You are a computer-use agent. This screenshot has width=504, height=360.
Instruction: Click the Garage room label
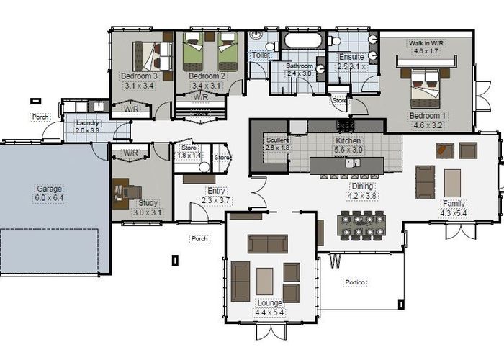(x=50, y=189)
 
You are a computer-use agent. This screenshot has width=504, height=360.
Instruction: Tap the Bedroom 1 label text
(x=428, y=115)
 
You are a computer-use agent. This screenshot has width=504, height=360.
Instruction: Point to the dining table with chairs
(x=362, y=224)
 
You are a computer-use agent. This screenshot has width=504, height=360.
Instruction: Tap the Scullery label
(x=277, y=140)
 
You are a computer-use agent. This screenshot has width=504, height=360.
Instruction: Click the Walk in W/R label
(x=427, y=43)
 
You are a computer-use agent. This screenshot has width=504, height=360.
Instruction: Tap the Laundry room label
(x=88, y=122)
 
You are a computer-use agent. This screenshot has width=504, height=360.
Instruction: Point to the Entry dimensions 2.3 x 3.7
(x=217, y=199)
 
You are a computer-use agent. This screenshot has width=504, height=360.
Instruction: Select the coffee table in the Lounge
(x=265, y=281)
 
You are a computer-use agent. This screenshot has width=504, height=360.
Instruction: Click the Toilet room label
(x=259, y=55)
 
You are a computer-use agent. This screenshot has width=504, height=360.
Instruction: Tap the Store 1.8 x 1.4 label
(x=189, y=155)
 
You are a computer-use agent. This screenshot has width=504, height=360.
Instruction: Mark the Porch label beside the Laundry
(x=40, y=117)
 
